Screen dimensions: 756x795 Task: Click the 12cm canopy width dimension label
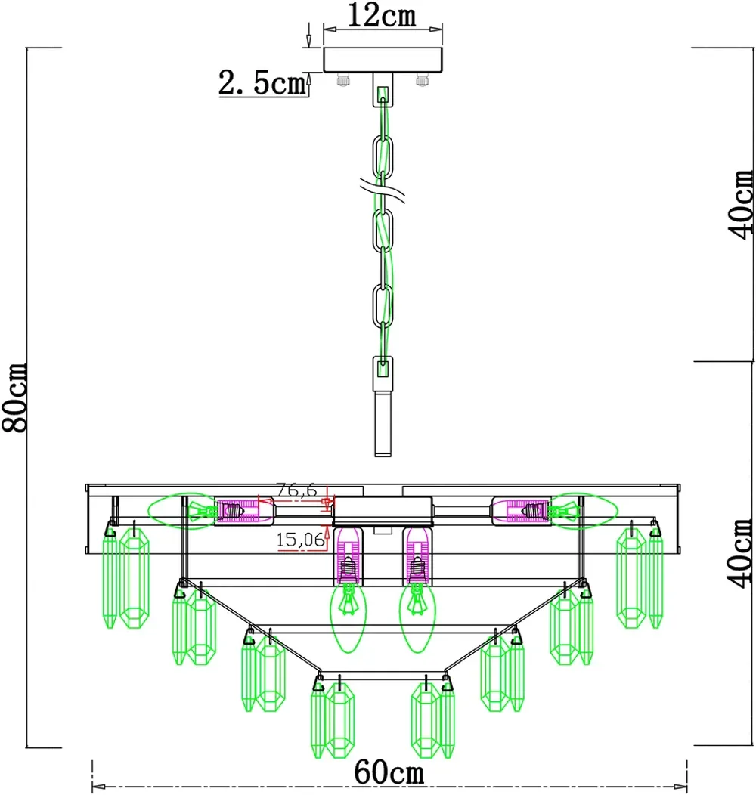[382, 15]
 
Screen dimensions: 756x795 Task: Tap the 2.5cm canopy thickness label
[262, 82]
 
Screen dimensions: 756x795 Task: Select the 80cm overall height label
[14, 397]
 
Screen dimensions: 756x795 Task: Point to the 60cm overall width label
[389, 772]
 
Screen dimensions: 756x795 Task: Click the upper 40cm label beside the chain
[741, 204]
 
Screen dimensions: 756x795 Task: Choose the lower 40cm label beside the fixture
[741, 553]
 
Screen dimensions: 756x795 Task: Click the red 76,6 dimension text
[296, 490]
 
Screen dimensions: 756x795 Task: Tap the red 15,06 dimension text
[300, 540]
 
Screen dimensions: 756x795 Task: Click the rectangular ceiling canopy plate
[383, 60]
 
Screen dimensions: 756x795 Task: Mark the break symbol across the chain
[383, 191]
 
